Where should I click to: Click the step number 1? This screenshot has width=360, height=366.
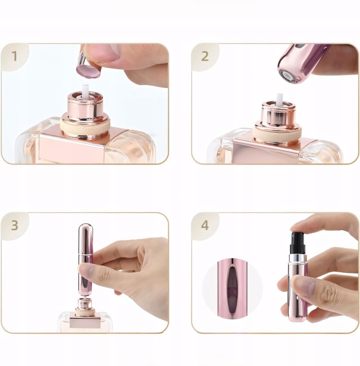[x=14, y=56]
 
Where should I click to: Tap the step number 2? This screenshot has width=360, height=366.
[x=204, y=56]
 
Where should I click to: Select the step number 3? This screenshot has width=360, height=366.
[x=14, y=225]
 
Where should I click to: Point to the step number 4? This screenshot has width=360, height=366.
[x=205, y=225]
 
